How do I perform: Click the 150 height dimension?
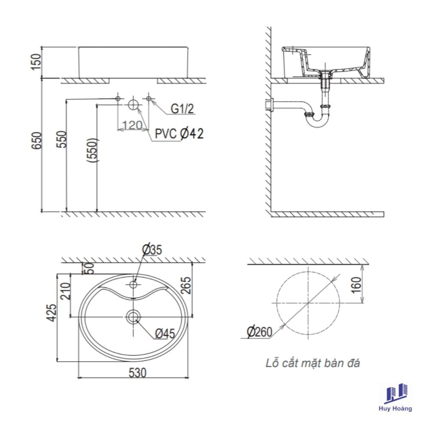[36, 62]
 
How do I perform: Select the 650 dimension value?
[36, 140]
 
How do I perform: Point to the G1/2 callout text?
[182, 109]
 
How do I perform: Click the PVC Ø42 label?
[179, 133]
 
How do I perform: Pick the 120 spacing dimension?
[132, 125]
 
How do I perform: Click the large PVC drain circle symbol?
[133, 105]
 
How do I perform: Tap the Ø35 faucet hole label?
[152, 249]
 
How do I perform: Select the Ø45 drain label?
[165, 334]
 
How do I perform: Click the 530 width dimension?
[137, 373]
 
